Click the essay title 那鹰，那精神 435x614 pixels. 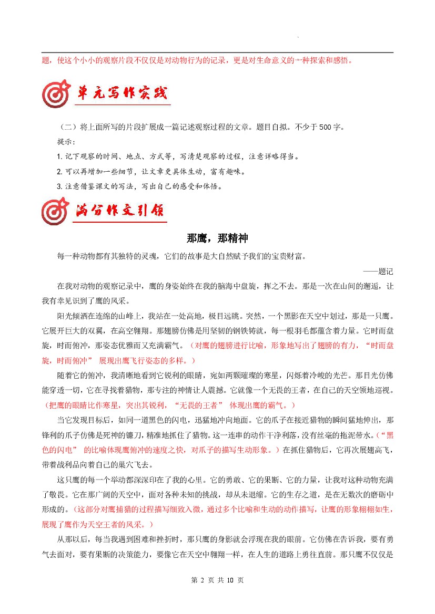[x=217, y=238]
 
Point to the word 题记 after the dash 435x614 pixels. [x=386, y=272]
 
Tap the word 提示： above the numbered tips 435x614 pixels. [x=66, y=142]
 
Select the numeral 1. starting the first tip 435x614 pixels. [x=59, y=157]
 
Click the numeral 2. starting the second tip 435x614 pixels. [x=59, y=172]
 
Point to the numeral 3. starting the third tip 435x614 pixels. [x=59, y=186]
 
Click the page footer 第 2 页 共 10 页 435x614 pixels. [x=217, y=580]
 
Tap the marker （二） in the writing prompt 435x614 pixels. [x=68, y=128]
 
